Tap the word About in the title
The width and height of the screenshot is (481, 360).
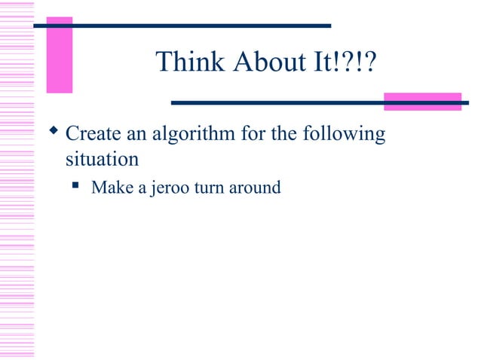[260, 63]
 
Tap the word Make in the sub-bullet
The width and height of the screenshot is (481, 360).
[110, 187]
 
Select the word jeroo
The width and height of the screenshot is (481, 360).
[170, 188]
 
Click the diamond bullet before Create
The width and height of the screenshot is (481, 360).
[53, 134]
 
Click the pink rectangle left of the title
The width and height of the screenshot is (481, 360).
[59, 55]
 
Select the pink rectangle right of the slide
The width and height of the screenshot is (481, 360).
[422, 102]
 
